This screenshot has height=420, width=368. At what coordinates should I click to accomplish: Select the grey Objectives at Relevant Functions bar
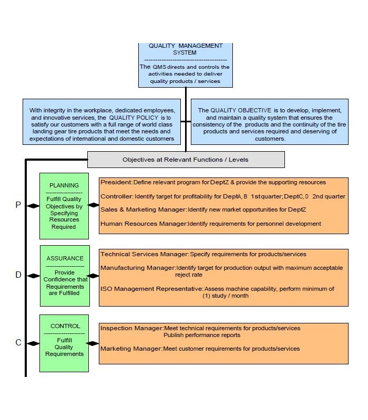186,159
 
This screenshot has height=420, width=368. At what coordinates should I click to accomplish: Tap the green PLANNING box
64,205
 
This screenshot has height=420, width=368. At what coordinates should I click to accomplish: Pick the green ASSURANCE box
64,275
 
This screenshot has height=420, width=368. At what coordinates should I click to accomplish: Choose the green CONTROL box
65,343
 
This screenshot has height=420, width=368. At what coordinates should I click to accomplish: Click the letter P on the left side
18,205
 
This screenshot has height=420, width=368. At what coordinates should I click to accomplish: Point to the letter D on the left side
18,275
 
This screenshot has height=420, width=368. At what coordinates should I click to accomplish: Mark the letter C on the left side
18,343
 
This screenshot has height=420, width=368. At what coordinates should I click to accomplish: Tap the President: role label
116,183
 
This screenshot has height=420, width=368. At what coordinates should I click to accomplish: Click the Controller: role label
116,196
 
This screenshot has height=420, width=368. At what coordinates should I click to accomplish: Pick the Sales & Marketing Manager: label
143,210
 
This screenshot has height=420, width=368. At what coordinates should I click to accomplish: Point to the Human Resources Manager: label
144,224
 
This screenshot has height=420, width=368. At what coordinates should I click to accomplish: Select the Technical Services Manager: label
145,254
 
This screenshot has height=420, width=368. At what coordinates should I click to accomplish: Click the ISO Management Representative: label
151,289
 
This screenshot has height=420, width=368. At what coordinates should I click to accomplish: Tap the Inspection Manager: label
131,328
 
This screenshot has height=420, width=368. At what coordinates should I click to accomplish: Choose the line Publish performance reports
202,335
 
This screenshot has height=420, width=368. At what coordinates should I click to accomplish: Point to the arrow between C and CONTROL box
33,343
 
